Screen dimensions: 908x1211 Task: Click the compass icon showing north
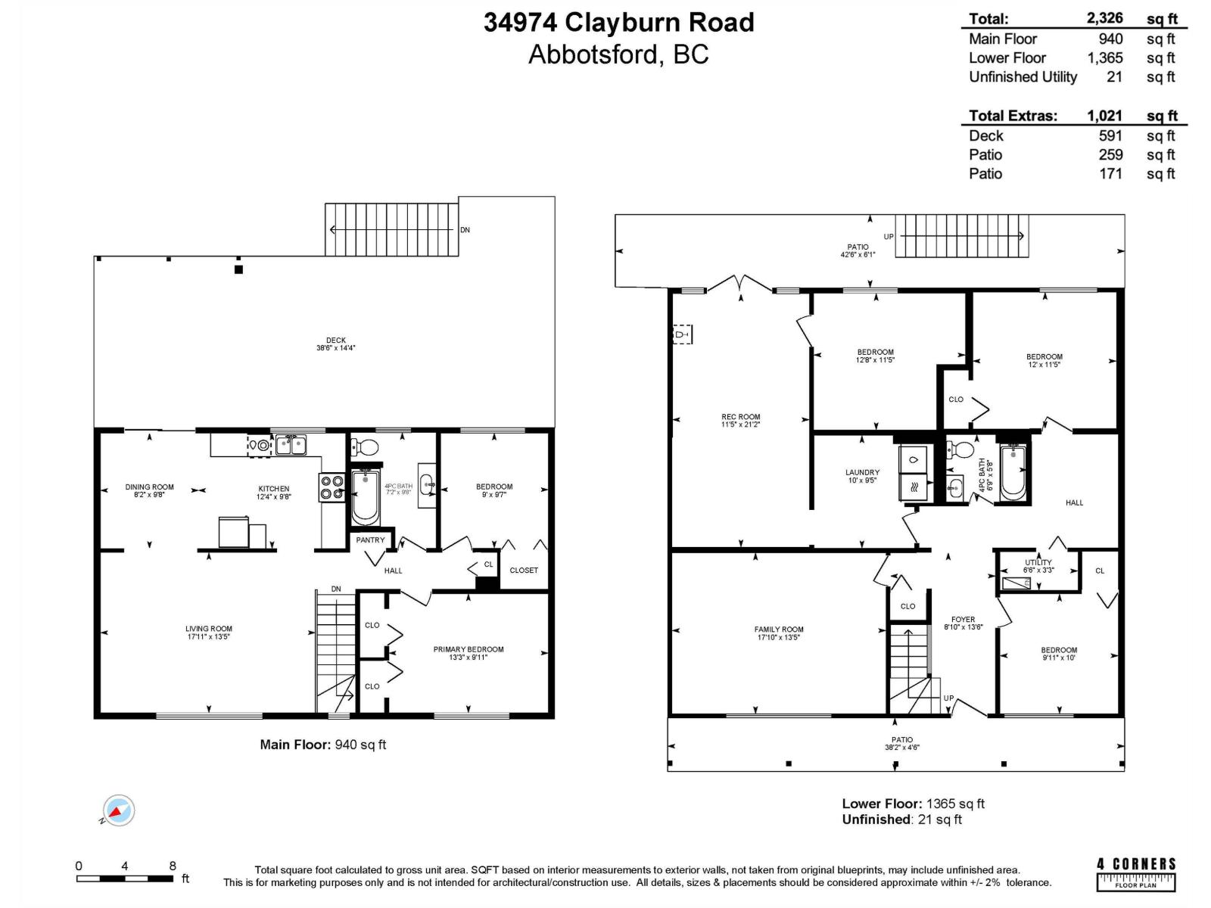point(118,811)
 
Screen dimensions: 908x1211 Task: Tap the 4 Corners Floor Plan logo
point(1136,874)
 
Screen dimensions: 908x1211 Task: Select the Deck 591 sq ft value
point(1110,135)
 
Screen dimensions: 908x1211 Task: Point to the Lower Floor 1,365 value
point(1105,58)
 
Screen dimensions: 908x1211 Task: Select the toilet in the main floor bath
point(366,446)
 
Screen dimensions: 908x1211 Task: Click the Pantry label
point(370,540)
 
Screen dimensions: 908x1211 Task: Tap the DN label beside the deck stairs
point(465,230)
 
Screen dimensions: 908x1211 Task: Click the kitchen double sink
point(291,445)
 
